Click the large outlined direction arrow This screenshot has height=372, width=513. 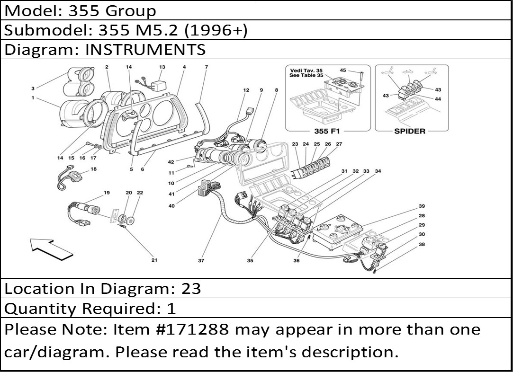pyautogui.click(x=49, y=248)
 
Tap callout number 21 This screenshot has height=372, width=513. pyautogui.click(x=154, y=260)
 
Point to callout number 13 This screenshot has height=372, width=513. pyautogui.click(x=162, y=67)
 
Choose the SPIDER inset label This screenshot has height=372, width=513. pyautogui.click(x=410, y=131)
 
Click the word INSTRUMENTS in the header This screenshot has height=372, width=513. pyautogui.click(x=145, y=49)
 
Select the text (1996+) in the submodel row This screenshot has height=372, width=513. pyautogui.click(x=216, y=30)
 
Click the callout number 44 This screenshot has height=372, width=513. pyautogui.click(x=438, y=99)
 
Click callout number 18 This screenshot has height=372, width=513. pyautogui.click(x=93, y=169)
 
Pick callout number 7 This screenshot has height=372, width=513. pyautogui.click(x=206, y=67)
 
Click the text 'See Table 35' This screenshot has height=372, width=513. pyautogui.click(x=306, y=76)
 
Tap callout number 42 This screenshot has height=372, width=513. pyautogui.click(x=171, y=162)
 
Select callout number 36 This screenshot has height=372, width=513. pyautogui.click(x=297, y=260)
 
